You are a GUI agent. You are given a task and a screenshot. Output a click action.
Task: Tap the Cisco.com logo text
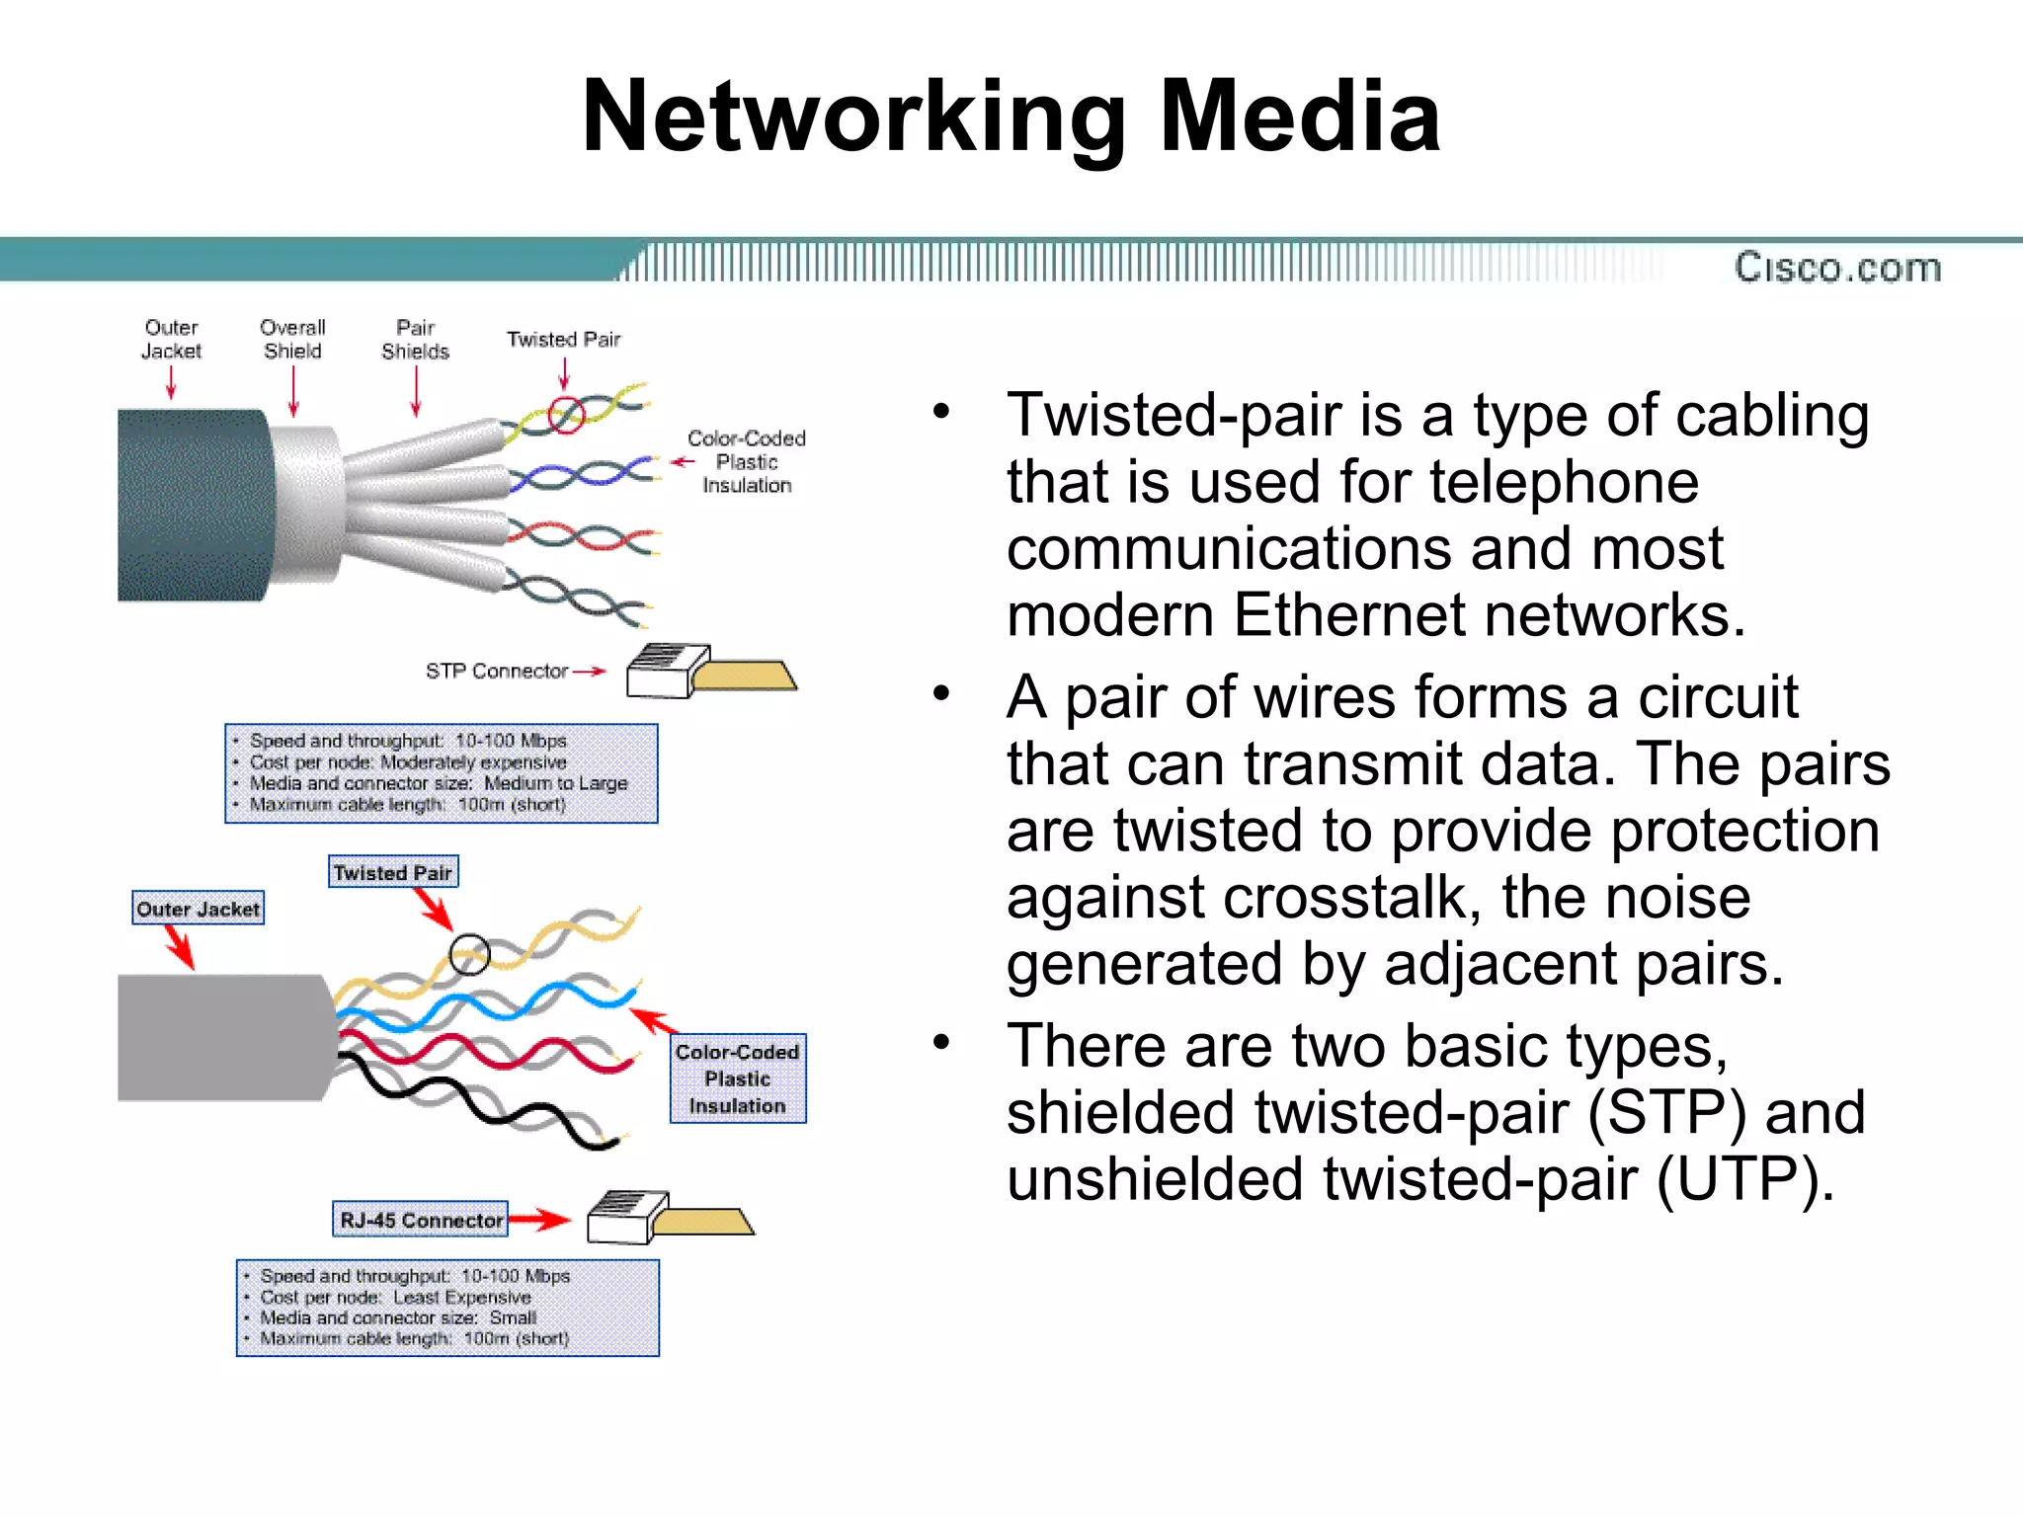coord(1837,268)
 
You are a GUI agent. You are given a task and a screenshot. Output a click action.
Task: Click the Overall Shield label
coord(292,339)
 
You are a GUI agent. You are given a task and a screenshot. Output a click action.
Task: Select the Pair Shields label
coord(415,339)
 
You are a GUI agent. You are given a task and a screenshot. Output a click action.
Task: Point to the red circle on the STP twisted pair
coord(567,414)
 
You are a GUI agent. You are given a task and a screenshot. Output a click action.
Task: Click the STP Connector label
coord(496,672)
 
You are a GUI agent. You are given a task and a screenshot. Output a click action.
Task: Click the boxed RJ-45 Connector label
coord(421,1220)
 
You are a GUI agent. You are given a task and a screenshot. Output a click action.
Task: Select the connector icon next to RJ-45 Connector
coord(668,1218)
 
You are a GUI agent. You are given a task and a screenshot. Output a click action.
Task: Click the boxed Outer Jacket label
coord(199,909)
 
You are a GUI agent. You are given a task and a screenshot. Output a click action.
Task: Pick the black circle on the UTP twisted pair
coord(469,954)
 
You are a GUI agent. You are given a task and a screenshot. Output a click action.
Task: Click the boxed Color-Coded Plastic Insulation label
coord(738,1078)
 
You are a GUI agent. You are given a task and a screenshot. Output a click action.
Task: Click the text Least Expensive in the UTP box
coord(461,1297)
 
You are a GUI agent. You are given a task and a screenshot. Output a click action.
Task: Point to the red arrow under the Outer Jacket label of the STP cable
coord(172,382)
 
